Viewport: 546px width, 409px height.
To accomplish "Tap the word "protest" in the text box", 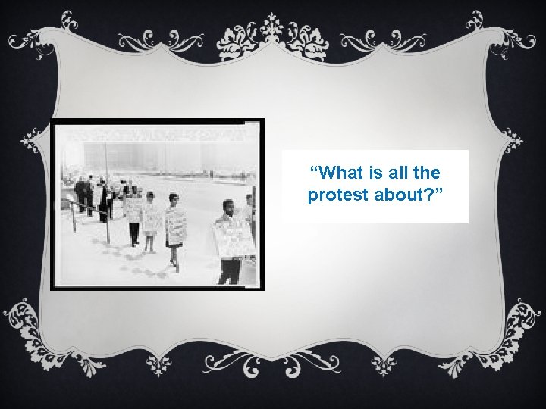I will coord(334,195).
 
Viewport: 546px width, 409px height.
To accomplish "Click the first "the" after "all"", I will coord(426,174).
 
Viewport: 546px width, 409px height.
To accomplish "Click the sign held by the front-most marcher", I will coord(234,238).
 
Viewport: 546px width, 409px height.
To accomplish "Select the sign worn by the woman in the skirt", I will coord(176,226).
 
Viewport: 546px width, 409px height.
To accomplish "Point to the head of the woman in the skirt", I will coord(174,200).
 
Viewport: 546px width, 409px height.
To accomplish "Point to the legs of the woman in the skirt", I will coord(173,254).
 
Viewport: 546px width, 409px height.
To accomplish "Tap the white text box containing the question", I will coord(375,186).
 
